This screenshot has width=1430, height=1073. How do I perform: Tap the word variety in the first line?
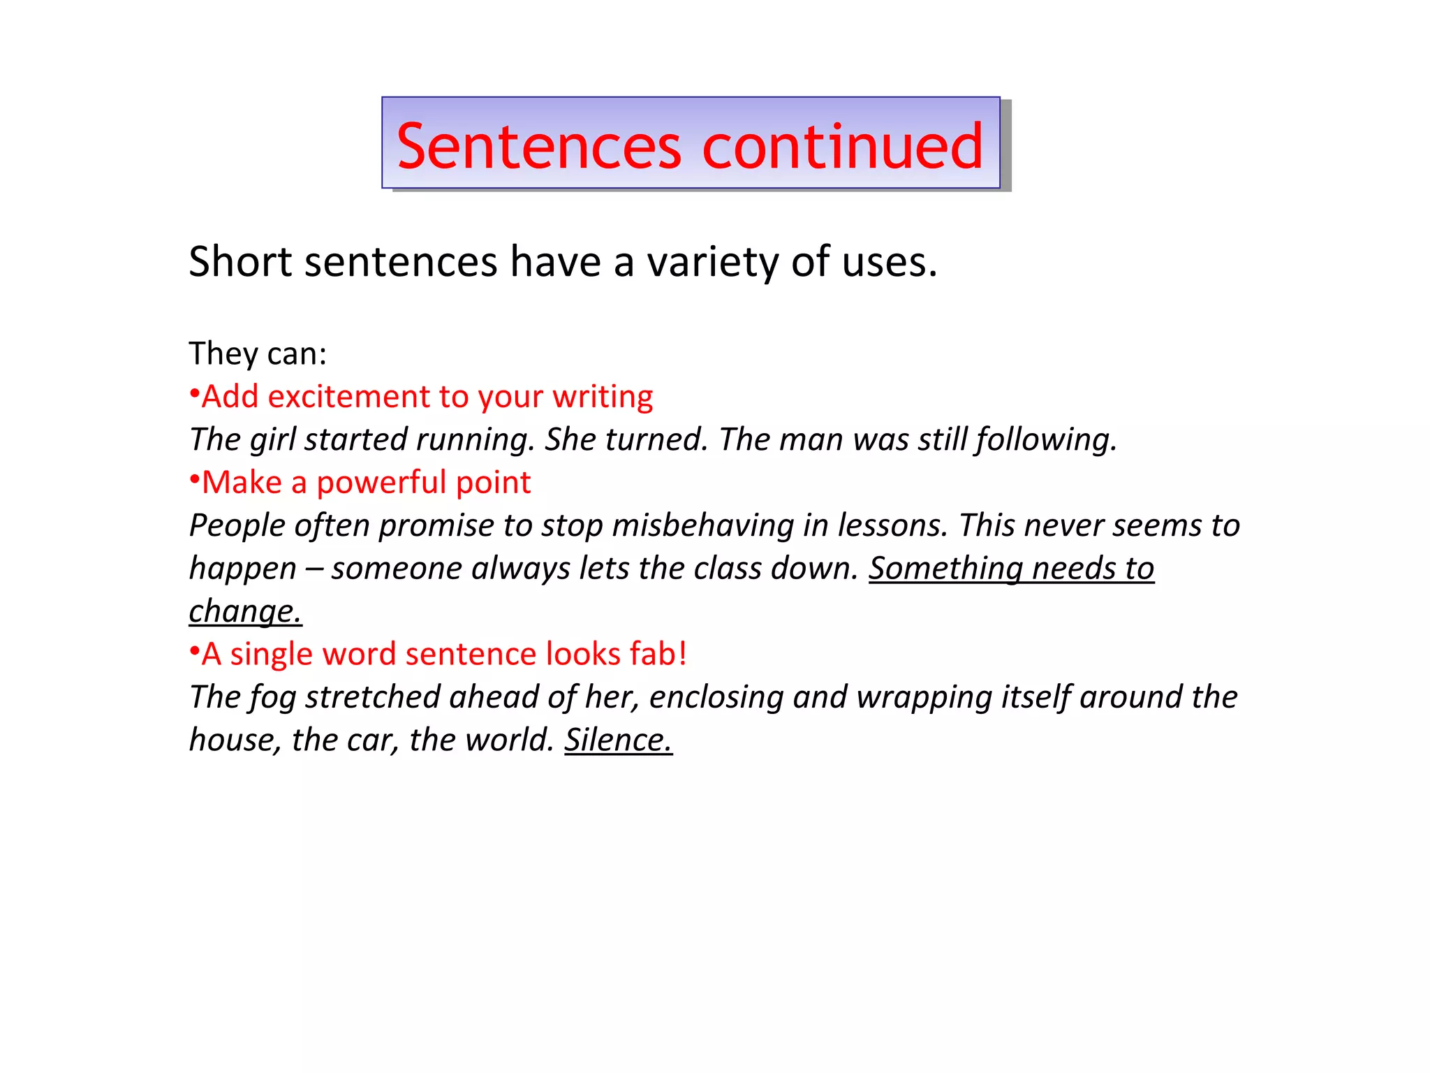point(712,263)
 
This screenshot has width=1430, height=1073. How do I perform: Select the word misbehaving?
point(702,525)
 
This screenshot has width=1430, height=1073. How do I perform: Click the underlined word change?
point(245,612)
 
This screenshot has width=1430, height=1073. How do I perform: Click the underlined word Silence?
point(618,740)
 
